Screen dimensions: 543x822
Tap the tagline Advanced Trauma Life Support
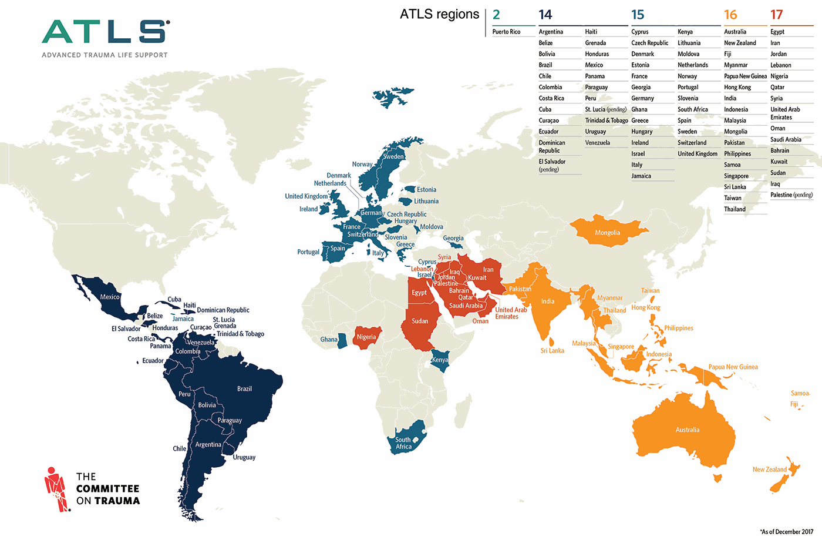[105, 55]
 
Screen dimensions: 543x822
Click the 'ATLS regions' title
[439, 14]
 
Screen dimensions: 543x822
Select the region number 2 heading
[497, 15]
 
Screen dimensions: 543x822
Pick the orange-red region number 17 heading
[777, 15]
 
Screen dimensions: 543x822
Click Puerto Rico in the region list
[506, 32]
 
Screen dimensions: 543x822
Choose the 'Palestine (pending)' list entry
[791, 195]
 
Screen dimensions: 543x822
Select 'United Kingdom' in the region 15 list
[698, 154]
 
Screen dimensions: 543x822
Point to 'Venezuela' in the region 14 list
[597, 143]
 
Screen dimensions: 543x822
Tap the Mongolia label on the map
[607, 233]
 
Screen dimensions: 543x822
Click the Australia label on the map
[687, 430]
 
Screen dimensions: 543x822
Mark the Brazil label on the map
[244, 389]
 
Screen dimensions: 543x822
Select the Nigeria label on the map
[366, 337]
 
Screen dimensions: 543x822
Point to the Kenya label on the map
[440, 360]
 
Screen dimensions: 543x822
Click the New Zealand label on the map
[769, 470]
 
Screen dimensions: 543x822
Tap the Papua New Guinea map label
[733, 367]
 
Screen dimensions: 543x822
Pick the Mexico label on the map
[110, 297]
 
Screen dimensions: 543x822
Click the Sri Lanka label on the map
[552, 351]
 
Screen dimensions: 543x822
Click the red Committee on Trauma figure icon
[56, 488]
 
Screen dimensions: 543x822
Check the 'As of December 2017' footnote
[786, 532]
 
